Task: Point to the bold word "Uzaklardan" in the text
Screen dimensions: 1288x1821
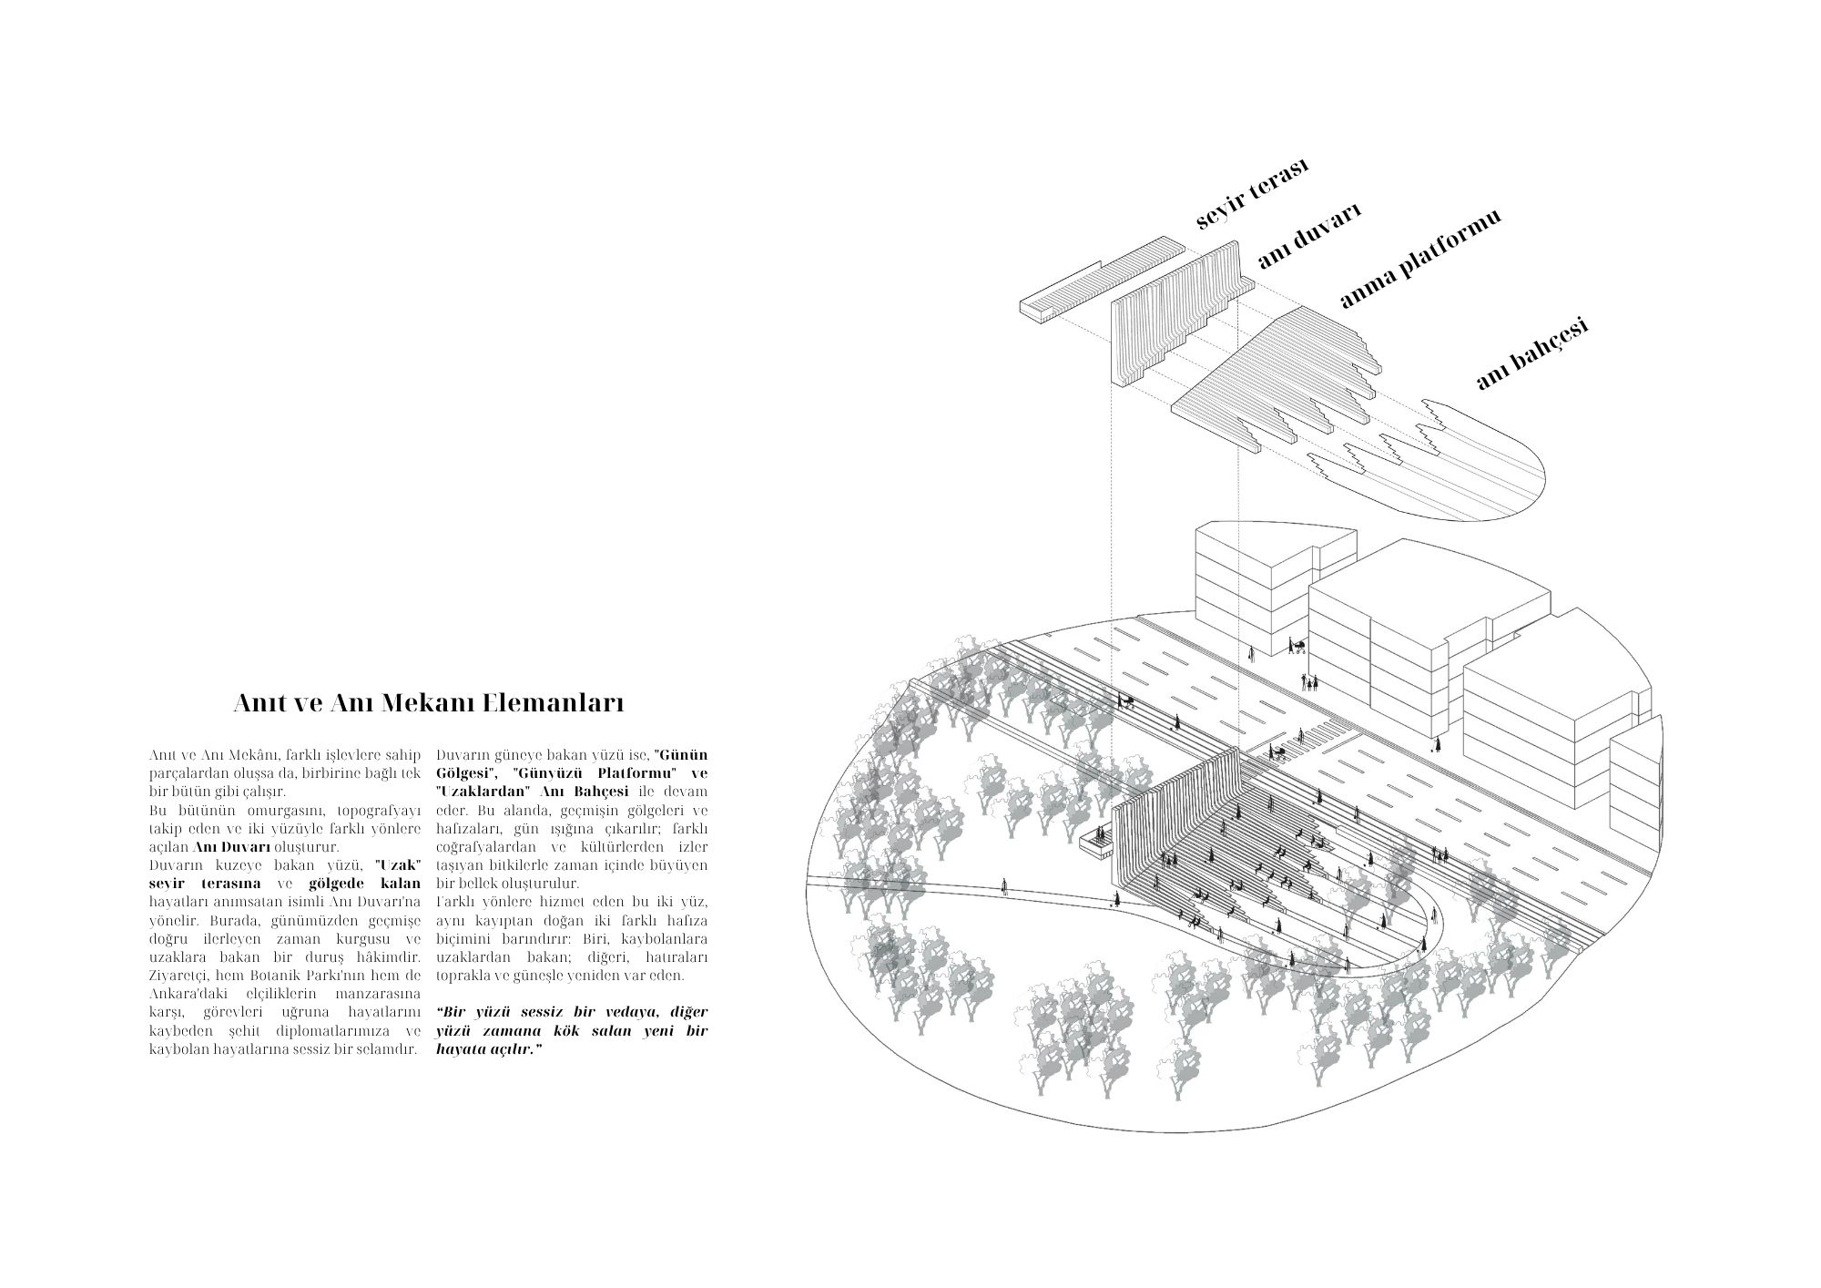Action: tap(479, 792)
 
